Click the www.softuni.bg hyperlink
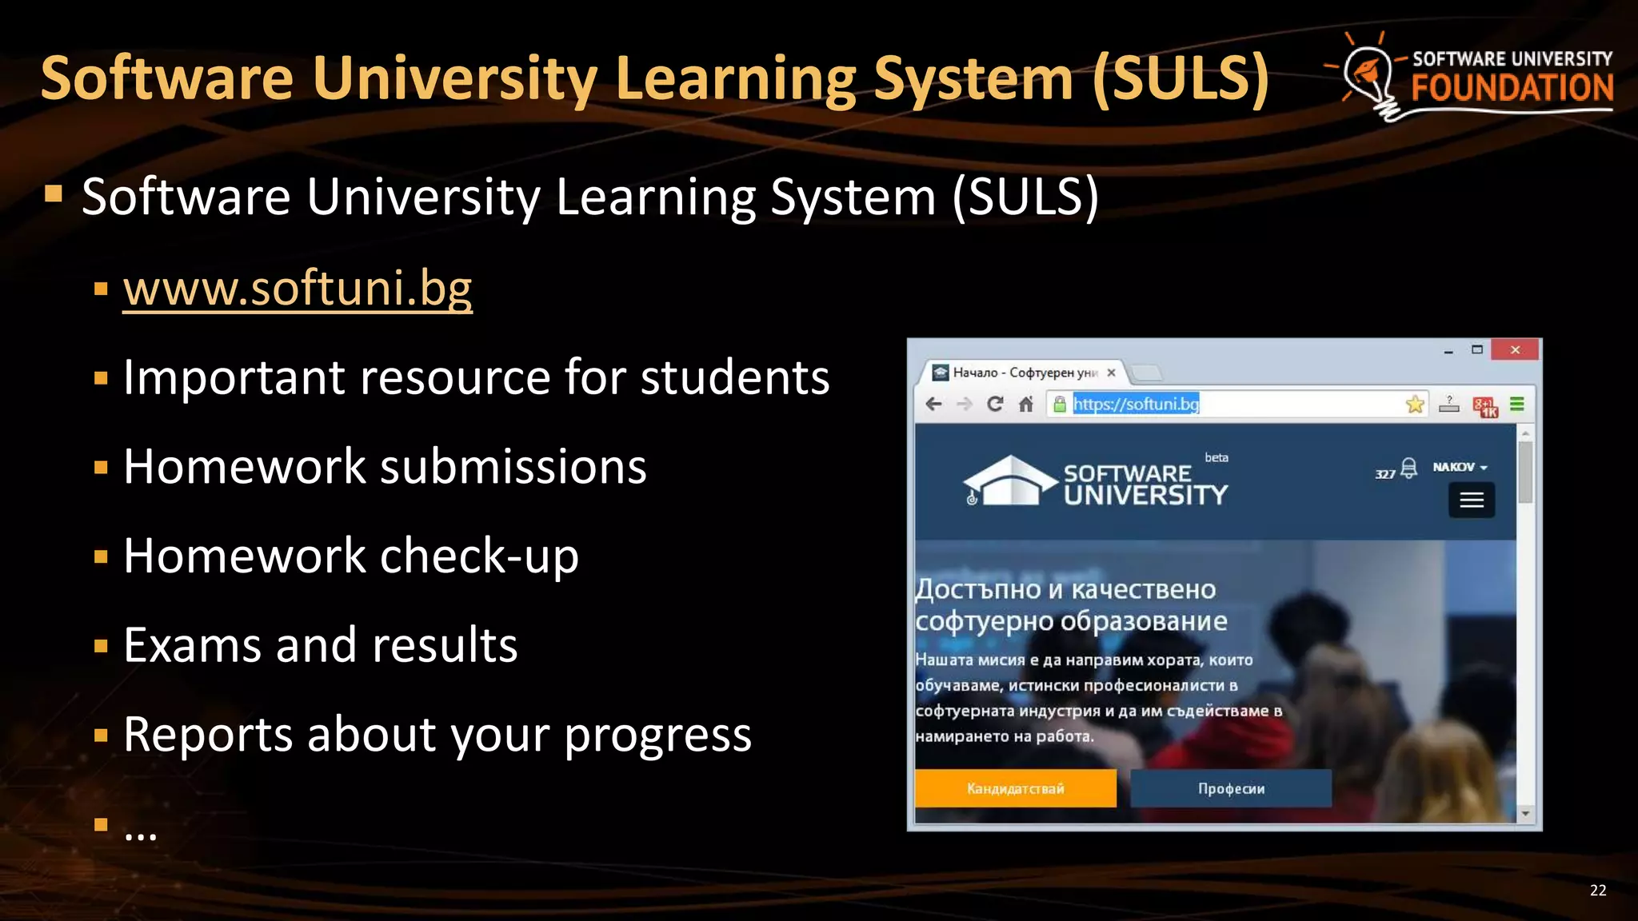click(298, 289)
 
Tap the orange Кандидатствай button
click(1015, 788)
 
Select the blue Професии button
click(1231, 788)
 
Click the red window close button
click(1514, 350)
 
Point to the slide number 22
click(1597, 891)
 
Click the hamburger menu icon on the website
click(1472, 500)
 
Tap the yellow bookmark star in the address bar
click(1415, 405)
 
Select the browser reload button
click(995, 405)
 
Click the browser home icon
click(1026, 405)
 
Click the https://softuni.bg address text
click(1136, 405)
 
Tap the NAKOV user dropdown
click(1460, 467)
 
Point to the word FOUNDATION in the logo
click(1512, 88)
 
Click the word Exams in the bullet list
click(192, 645)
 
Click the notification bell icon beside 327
click(1409, 468)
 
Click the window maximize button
click(1477, 350)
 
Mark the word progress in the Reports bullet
click(657, 736)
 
